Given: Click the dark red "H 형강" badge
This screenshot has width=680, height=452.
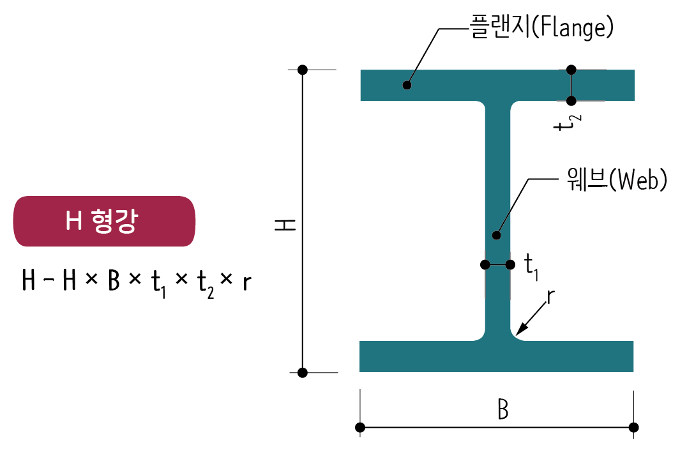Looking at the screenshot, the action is point(104,221).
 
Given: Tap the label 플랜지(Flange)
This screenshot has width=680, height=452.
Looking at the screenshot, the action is point(541,29).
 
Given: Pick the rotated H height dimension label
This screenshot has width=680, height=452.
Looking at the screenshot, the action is point(285,225).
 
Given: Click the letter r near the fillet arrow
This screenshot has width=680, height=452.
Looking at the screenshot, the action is point(550,297).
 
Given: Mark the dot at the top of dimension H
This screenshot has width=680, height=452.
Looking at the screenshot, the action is point(303,69).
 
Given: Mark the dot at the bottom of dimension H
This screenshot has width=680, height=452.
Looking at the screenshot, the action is point(303,372).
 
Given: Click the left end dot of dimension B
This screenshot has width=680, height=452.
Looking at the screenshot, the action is point(360,427).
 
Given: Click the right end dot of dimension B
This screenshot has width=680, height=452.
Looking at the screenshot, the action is point(633,427).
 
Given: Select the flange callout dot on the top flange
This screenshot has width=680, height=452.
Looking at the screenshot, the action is point(407,85).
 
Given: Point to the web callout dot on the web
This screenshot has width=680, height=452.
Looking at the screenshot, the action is point(497,235).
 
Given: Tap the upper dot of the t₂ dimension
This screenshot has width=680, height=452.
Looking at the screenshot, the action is point(571,69).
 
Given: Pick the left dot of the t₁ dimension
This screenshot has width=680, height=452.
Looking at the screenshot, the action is point(485,265).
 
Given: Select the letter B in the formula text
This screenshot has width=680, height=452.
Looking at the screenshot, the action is point(114,281).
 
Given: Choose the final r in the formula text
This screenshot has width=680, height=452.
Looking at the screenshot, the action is point(246,282).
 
